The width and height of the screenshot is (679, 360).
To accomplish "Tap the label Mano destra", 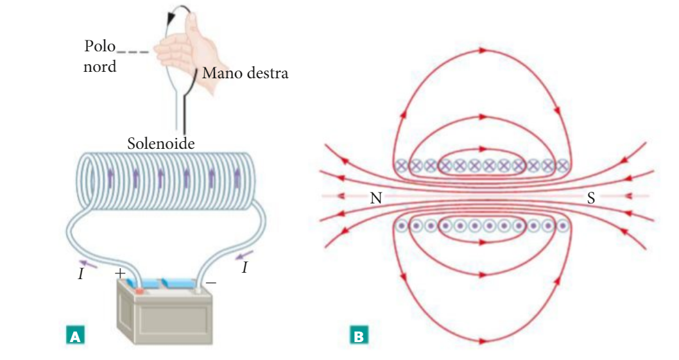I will point(245,73).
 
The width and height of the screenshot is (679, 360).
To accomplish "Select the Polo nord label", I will point(99,56).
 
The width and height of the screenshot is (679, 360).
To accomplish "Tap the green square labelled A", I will point(75,335).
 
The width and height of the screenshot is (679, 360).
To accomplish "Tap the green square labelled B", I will point(358,335).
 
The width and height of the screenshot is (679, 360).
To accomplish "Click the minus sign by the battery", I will point(211,282).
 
